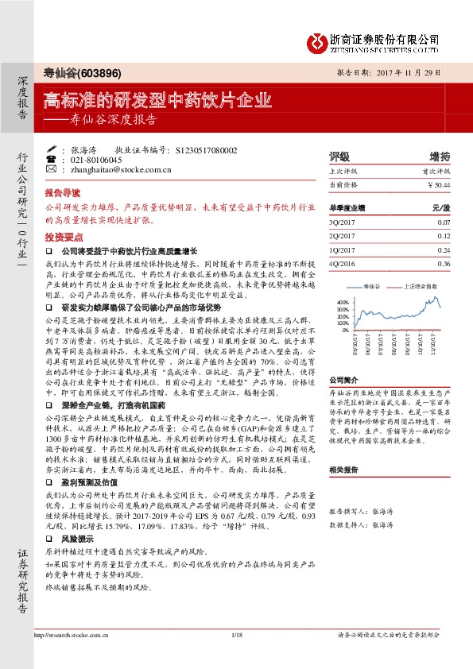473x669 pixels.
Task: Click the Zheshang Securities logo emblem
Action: point(320,42)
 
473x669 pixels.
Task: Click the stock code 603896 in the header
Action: point(103,73)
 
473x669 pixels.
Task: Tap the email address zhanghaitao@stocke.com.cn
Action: point(115,169)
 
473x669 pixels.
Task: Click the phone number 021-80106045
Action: point(96,160)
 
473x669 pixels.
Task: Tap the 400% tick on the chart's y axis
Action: point(343,302)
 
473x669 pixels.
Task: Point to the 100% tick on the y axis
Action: point(343,323)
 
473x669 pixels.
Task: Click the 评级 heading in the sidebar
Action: point(339,156)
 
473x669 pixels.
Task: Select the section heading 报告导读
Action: point(62,193)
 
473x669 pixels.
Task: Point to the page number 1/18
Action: point(236,636)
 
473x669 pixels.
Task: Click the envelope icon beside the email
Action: point(52,169)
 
